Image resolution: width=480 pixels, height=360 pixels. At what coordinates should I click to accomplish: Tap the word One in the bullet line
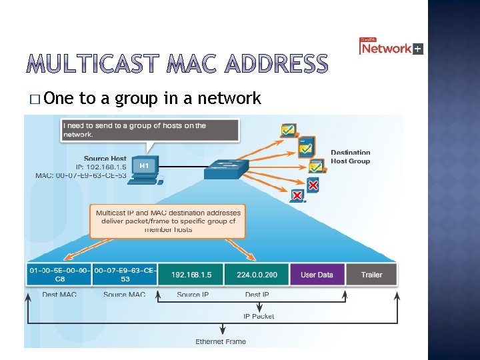click(61, 99)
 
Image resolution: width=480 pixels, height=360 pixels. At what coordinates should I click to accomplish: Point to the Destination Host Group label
click(350, 157)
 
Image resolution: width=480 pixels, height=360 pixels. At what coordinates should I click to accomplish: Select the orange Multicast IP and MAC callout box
click(167, 220)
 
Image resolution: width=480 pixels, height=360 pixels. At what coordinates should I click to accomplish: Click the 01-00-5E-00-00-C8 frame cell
click(59, 275)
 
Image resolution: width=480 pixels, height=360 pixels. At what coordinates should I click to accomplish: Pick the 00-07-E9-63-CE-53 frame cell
click(125, 275)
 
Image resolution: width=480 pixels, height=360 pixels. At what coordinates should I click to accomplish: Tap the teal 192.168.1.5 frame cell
click(191, 275)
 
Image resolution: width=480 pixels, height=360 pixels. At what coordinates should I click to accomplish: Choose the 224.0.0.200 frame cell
click(257, 275)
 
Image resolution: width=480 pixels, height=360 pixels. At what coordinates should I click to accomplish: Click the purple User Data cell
click(317, 275)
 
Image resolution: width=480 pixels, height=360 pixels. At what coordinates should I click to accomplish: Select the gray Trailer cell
click(371, 275)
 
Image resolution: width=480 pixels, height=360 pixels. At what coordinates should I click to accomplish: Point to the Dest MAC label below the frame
click(59, 294)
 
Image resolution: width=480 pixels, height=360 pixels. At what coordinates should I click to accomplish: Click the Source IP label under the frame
click(193, 294)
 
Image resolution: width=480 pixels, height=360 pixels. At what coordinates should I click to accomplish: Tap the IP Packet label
click(258, 316)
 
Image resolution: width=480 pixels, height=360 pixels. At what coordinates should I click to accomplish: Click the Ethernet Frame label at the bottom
click(221, 341)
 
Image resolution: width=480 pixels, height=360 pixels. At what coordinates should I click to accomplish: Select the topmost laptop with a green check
click(288, 131)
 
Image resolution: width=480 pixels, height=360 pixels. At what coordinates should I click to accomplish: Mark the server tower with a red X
click(313, 184)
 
